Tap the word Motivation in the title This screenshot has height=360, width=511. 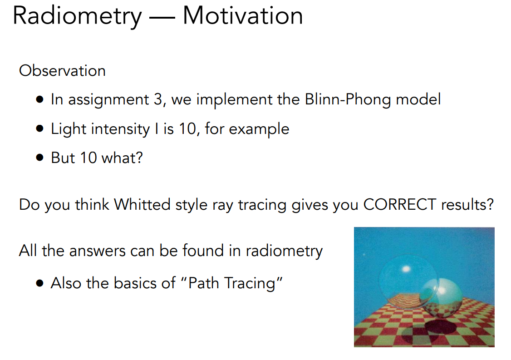click(x=243, y=15)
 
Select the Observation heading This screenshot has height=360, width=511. click(x=62, y=71)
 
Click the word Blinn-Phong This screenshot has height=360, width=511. click(x=348, y=99)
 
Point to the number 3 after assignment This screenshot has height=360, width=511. click(x=158, y=99)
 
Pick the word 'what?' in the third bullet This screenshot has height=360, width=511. click(x=122, y=158)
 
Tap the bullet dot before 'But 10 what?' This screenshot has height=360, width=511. click(x=40, y=158)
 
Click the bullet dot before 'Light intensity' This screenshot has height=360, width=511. click(x=40, y=129)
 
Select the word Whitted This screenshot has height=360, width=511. click(x=142, y=204)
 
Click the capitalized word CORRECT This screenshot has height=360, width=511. click(x=399, y=204)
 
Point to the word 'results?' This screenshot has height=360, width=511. click(x=467, y=204)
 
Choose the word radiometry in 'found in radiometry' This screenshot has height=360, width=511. click(x=284, y=251)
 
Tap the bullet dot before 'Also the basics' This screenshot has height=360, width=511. click(x=40, y=283)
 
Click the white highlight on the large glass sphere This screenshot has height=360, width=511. click(x=406, y=269)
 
